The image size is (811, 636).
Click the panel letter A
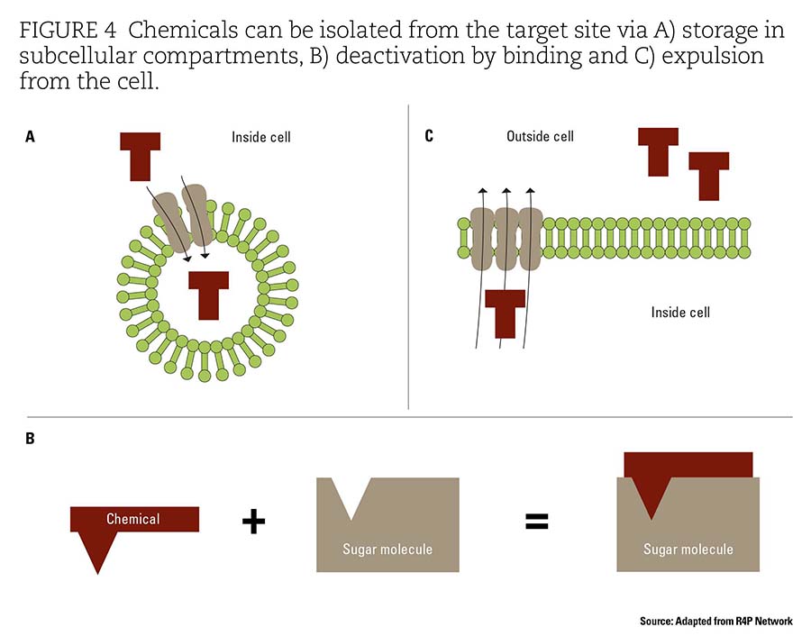pyautogui.click(x=30, y=137)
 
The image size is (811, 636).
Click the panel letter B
pyautogui.click(x=30, y=439)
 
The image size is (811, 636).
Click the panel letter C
pyautogui.click(x=429, y=136)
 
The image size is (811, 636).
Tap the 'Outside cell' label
pyautogui.click(x=540, y=137)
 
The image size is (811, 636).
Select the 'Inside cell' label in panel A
pyautogui.click(x=261, y=137)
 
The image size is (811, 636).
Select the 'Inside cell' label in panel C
pyautogui.click(x=680, y=313)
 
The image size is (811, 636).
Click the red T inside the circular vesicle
pyautogui.click(x=208, y=295)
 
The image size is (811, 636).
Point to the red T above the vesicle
pyautogui.click(x=141, y=157)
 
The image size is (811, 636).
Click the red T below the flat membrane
pyautogui.click(x=506, y=313)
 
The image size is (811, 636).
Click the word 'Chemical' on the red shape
pyautogui.click(x=133, y=519)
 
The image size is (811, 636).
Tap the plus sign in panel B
pyautogui.click(x=253, y=521)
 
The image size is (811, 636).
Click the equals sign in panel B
pyautogui.click(x=537, y=521)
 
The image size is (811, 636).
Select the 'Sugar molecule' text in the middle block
pyautogui.click(x=387, y=550)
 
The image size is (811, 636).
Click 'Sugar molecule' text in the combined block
pyautogui.click(x=688, y=550)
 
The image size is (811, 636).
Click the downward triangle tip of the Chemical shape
pyautogui.click(x=97, y=574)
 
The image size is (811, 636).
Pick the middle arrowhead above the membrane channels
pyautogui.click(x=506, y=191)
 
